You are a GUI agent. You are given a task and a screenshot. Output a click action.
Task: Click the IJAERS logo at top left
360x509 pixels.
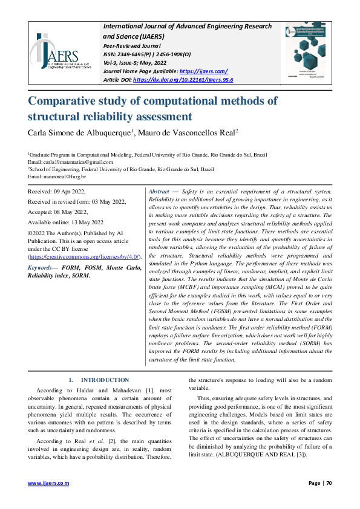click(60, 52)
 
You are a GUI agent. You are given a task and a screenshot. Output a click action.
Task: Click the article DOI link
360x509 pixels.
click(183, 79)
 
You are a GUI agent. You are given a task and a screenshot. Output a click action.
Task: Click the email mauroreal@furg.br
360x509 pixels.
click(64, 177)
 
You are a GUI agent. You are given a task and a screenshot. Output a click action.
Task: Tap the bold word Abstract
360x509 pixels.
click(159, 191)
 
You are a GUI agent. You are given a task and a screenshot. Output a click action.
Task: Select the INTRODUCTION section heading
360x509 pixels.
click(105, 380)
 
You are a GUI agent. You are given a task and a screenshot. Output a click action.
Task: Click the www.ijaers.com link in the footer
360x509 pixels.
click(49, 483)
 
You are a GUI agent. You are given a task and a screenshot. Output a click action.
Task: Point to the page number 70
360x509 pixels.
click(329, 483)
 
